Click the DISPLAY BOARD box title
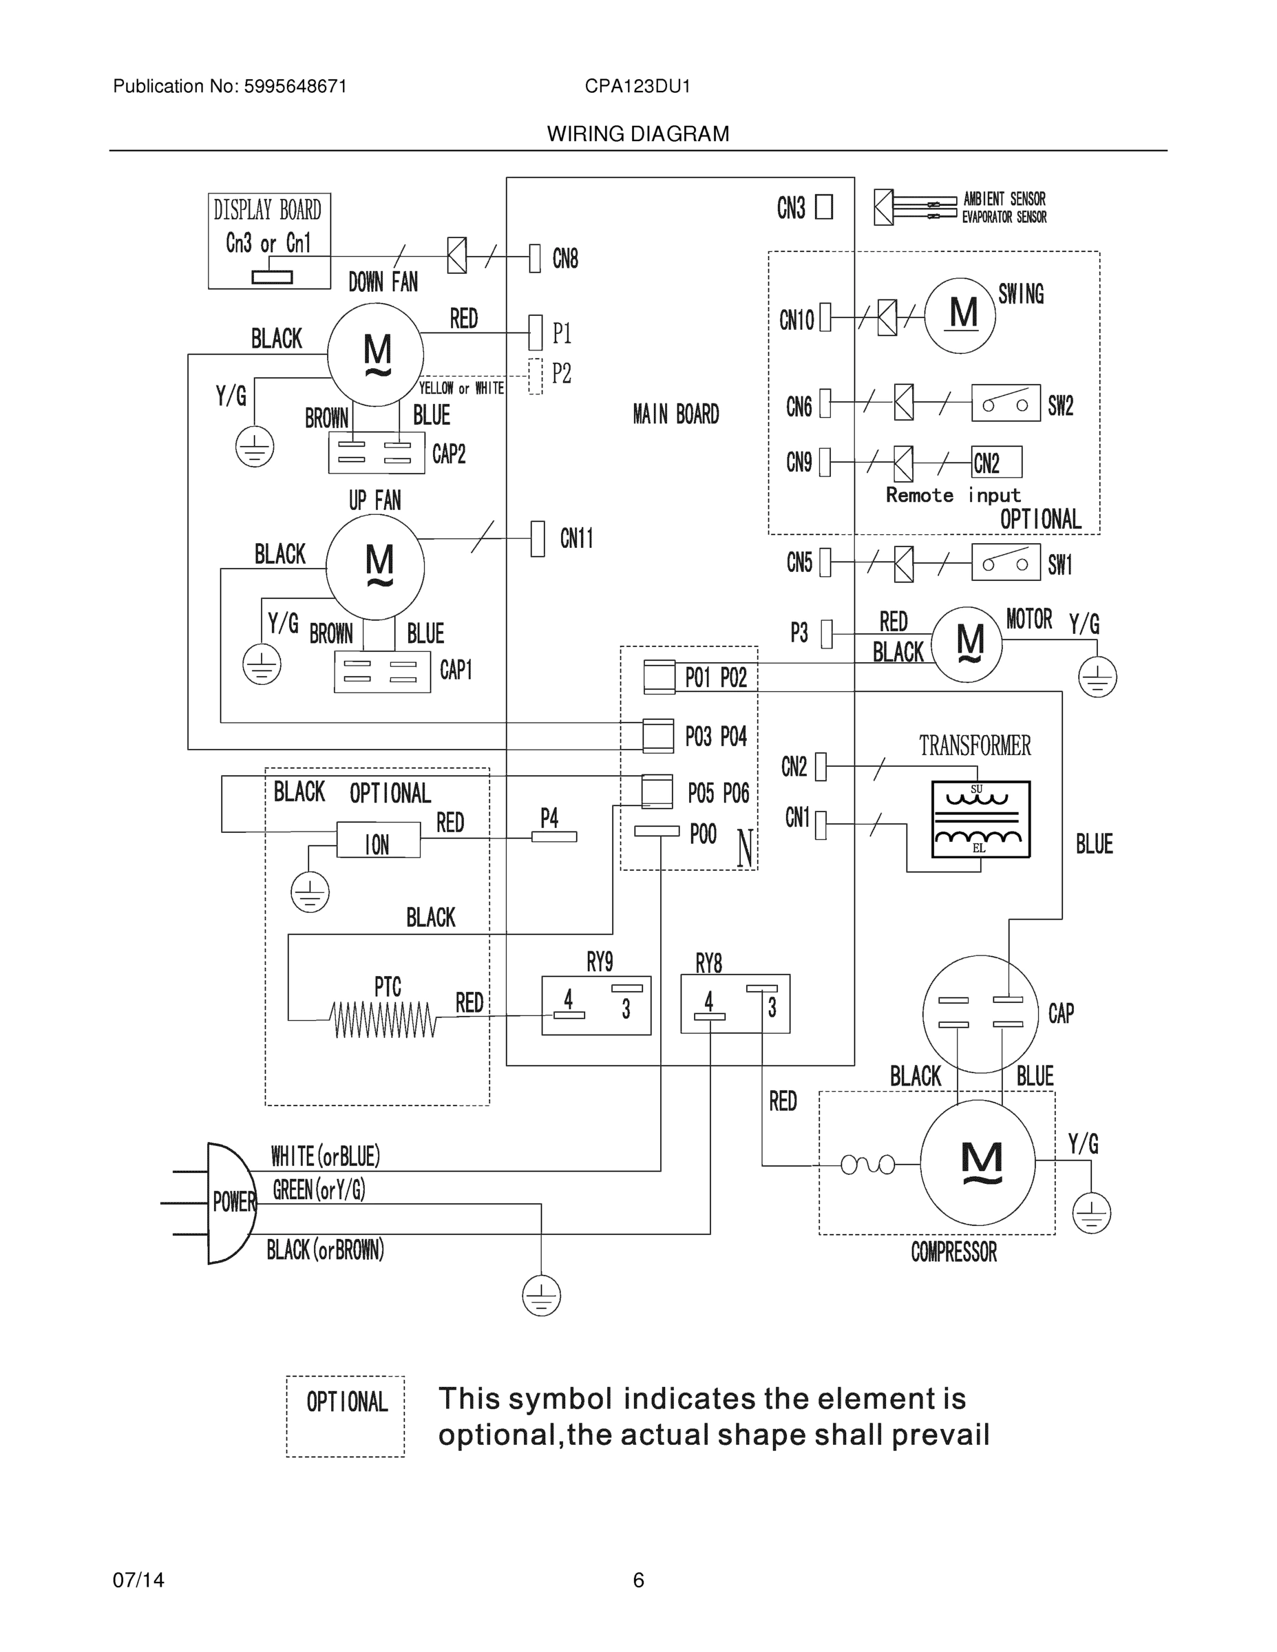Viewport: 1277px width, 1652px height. (267, 209)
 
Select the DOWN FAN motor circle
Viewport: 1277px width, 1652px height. (375, 354)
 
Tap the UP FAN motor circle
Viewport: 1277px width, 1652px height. (375, 566)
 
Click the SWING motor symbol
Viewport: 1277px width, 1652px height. (960, 315)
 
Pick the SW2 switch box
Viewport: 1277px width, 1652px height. (1005, 403)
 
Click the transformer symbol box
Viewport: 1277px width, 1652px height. (980, 819)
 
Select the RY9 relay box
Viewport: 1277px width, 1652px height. (596, 1005)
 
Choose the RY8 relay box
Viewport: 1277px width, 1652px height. (735, 1004)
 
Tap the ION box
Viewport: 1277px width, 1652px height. (377, 841)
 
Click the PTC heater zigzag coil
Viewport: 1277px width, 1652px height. (383, 1019)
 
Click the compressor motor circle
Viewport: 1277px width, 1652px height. (978, 1163)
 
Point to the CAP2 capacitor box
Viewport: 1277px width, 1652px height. (376, 453)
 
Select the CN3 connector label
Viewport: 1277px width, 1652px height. (790, 208)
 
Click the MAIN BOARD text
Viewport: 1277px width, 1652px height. (675, 414)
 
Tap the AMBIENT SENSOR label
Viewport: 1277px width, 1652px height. (1004, 199)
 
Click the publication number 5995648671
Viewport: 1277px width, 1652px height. (295, 86)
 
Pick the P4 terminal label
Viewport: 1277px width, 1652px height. (549, 818)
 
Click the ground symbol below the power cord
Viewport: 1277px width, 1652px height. (541, 1295)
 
